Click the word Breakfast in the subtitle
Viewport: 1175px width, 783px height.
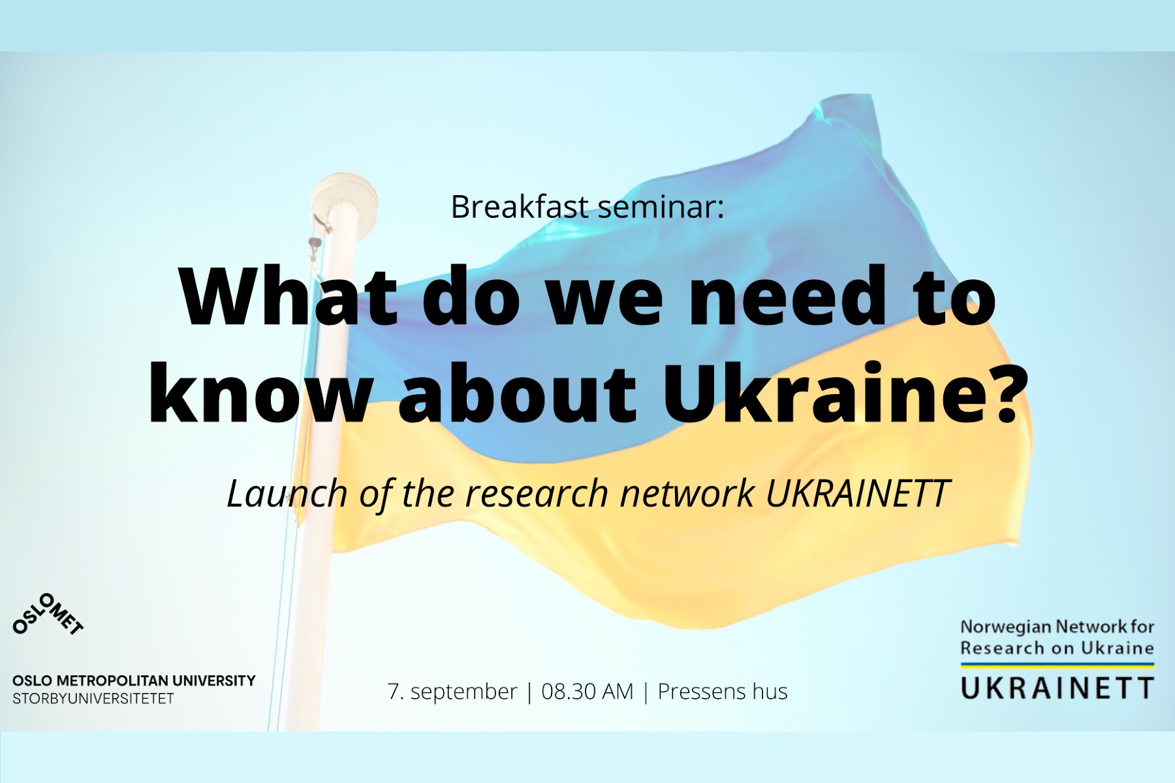[520, 206]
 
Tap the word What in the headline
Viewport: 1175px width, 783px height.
[289, 296]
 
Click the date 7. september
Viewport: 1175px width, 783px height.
[452, 691]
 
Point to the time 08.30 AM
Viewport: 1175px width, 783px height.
[587, 691]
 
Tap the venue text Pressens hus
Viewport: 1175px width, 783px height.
[723, 691]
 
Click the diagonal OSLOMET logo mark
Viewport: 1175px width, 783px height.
[48, 614]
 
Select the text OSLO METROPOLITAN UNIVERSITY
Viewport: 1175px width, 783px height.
[134, 681]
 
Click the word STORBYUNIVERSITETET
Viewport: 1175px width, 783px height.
[93, 699]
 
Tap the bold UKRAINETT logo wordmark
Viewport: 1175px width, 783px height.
[1057, 688]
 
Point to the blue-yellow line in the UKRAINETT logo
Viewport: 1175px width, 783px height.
[1057, 666]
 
